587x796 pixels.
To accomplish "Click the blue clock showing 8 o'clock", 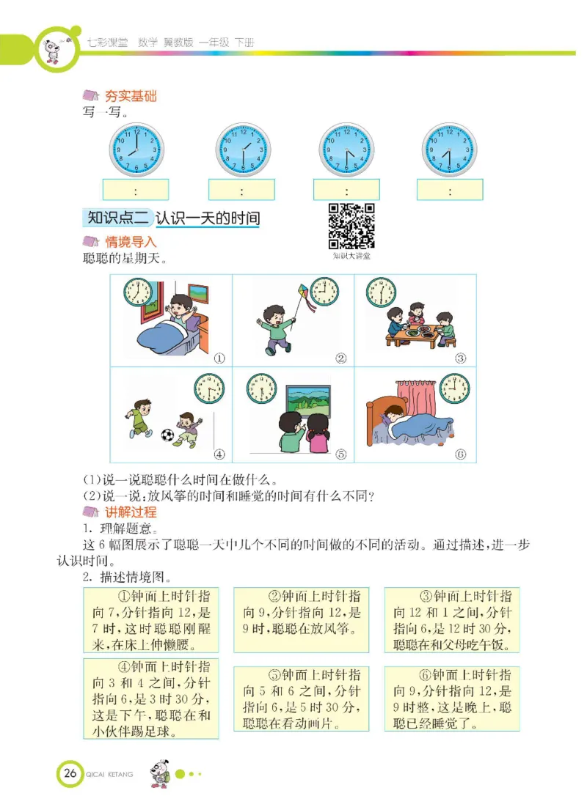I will [x=136, y=150].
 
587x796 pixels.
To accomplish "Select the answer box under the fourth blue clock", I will [x=450, y=190].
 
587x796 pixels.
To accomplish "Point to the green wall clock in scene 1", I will [x=137, y=292].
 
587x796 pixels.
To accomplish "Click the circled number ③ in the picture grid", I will [x=461, y=358].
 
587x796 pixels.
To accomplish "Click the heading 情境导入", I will [x=131, y=241].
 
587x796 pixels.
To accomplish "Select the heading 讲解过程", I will [x=131, y=512].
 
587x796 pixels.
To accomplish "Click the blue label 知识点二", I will [x=118, y=218].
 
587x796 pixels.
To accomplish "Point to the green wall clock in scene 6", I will [x=454, y=386].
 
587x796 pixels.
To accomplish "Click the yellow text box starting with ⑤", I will [x=301, y=699].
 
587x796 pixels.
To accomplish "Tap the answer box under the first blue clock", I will [x=136, y=190].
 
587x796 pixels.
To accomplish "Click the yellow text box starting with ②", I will [x=301, y=619].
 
